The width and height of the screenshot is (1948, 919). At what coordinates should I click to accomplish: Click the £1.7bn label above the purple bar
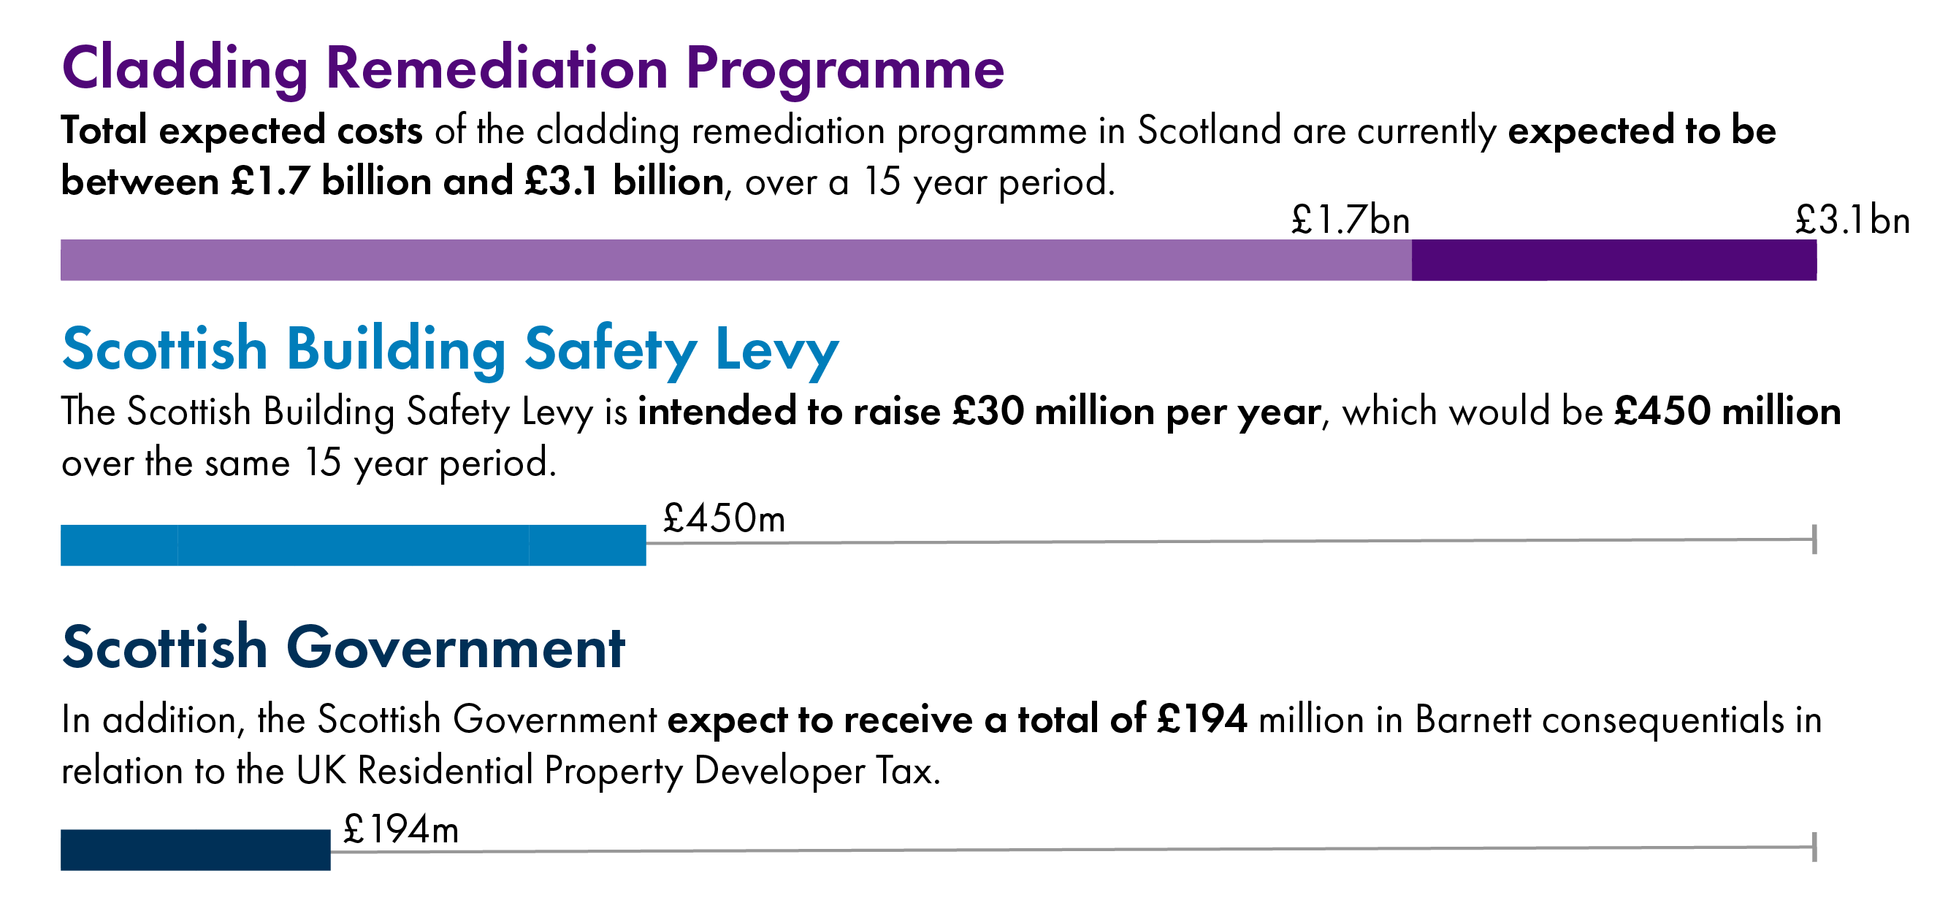[1350, 220]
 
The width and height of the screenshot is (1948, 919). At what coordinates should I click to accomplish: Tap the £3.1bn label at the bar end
[1852, 220]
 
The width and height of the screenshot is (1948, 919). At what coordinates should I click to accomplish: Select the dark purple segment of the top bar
[1613, 260]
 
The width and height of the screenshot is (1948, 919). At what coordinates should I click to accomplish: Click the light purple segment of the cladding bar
[733, 260]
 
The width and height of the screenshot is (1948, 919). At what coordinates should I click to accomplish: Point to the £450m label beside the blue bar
[724, 519]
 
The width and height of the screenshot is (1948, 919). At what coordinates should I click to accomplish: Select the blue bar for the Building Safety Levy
[352, 545]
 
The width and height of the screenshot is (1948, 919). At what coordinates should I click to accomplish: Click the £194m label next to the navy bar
[401, 830]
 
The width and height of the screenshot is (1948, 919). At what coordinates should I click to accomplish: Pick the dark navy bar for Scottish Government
[195, 850]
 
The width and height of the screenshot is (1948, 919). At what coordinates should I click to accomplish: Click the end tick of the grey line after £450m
[1814, 539]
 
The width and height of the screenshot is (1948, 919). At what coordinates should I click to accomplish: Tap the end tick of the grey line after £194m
[1814, 847]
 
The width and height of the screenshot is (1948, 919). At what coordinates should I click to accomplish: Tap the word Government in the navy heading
[455, 648]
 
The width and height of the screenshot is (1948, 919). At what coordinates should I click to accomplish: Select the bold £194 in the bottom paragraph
[1202, 720]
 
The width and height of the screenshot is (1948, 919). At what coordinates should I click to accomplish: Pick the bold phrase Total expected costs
[241, 131]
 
